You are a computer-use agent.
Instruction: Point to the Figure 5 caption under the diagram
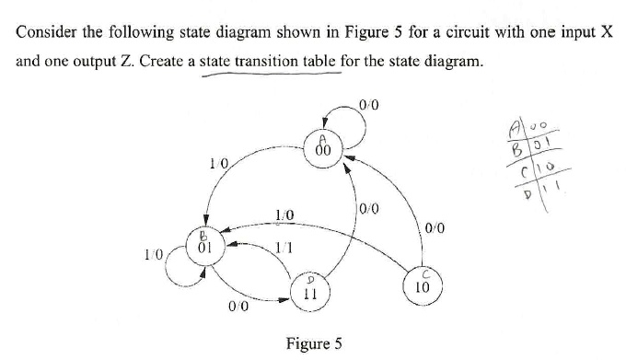pyautogui.click(x=314, y=343)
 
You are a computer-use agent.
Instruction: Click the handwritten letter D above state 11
pyautogui.click(x=310, y=275)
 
